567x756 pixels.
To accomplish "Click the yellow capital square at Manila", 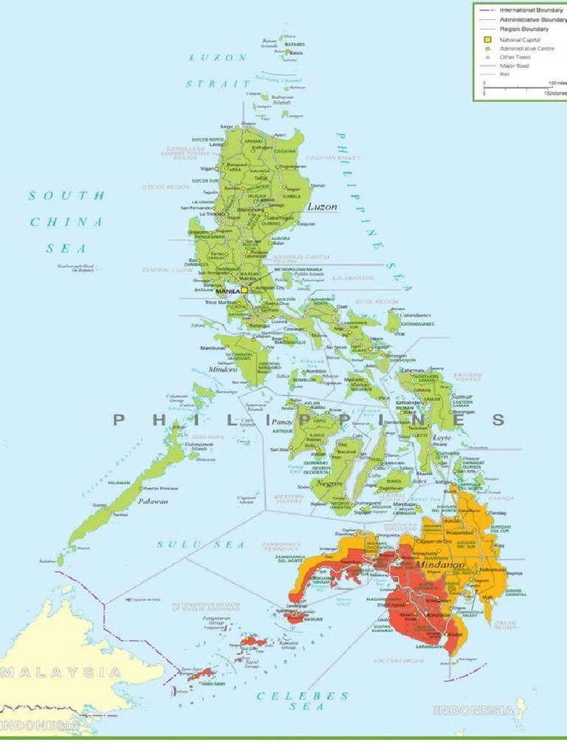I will pyautogui.click(x=244, y=291).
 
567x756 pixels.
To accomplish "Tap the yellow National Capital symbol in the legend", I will pyautogui.click(x=487, y=39).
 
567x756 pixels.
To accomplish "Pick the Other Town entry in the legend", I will pyautogui.click(x=515, y=57).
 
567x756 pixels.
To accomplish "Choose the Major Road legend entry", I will pyautogui.click(x=515, y=66).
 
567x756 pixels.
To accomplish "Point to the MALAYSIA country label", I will pyautogui.click(x=62, y=672).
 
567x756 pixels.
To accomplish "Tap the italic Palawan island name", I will pyautogui.click(x=154, y=501).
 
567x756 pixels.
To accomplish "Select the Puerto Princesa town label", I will pyautogui.click(x=160, y=489).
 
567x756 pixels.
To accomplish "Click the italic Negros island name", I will pyautogui.click(x=329, y=482).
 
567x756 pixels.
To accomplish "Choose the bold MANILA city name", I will pyautogui.click(x=227, y=292).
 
